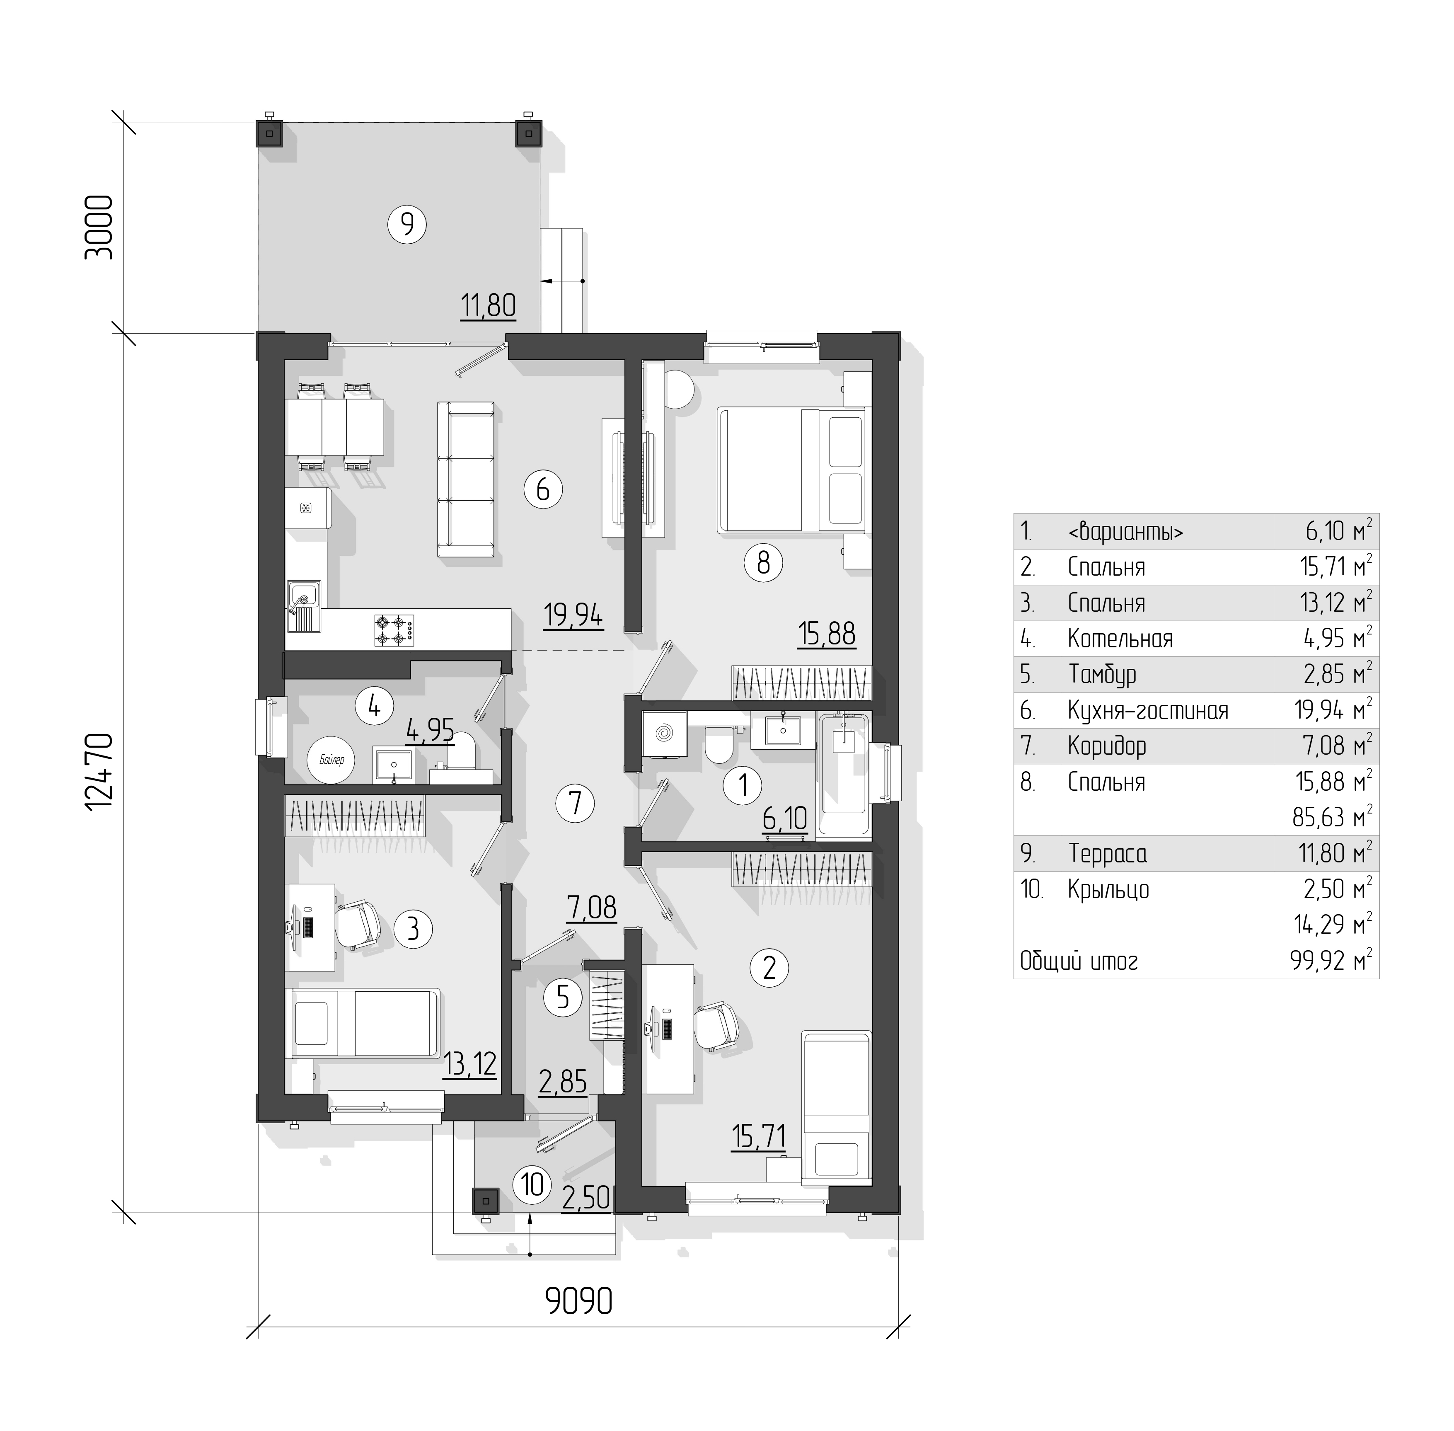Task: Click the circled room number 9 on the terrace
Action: [x=406, y=223]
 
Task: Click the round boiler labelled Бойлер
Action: [x=331, y=760]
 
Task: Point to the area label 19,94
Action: [x=573, y=615]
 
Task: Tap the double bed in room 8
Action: [x=791, y=470]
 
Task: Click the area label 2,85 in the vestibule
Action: [x=563, y=1082]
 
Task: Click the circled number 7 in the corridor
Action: [x=575, y=803]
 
